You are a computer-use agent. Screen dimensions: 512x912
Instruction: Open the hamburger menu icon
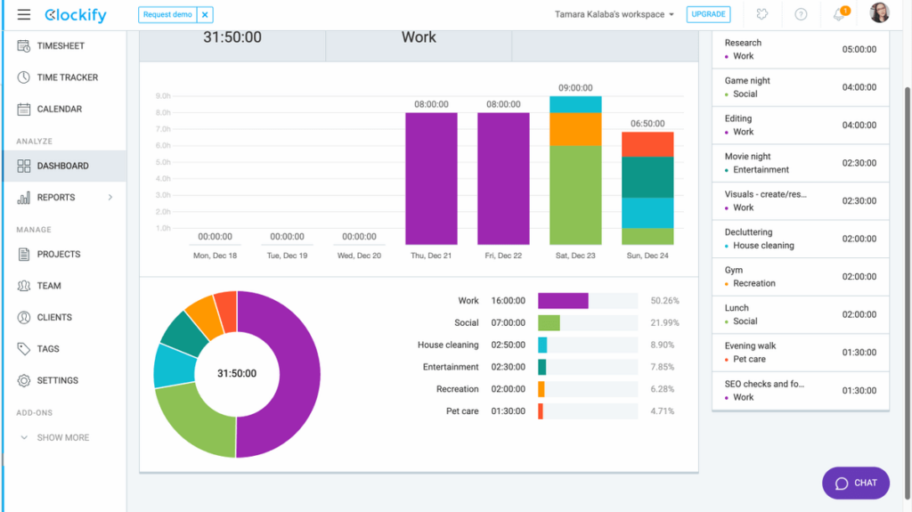click(x=24, y=15)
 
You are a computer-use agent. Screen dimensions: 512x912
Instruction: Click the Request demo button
click(x=167, y=15)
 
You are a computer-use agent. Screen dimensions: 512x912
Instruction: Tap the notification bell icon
click(x=838, y=15)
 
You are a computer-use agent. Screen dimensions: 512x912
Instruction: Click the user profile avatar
click(x=879, y=13)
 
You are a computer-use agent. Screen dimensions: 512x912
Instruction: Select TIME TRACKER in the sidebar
click(x=67, y=77)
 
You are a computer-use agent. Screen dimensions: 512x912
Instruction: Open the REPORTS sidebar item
click(x=56, y=198)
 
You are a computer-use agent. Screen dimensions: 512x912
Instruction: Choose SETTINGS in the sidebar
click(x=58, y=380)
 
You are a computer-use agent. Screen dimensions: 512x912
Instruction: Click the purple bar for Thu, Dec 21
click(x=431, y=178)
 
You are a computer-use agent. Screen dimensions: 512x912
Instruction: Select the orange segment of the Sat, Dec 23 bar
click(x=575, y=129)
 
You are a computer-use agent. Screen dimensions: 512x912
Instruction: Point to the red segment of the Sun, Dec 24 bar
click(x=647, y=144)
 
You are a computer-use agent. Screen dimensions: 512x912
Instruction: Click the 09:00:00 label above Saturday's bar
click(x=575, y=88)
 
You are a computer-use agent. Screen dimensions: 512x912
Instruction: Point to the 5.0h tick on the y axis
click(x=163, y=162)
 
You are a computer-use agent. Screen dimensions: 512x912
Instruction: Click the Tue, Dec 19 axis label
click(x=287, y=256)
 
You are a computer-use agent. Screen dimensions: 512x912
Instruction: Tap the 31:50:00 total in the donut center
click(x=237, y=374)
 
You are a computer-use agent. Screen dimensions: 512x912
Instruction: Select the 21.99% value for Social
click(x=663, y=322)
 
